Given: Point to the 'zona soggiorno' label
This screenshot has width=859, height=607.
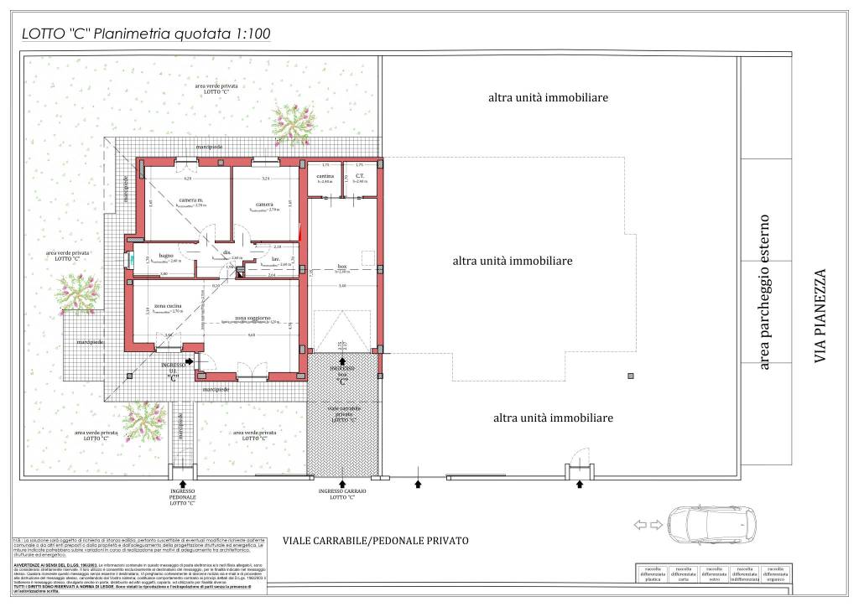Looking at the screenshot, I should [x=252, y=319].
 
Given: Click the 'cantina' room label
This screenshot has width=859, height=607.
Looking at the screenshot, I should [x=325, y=177].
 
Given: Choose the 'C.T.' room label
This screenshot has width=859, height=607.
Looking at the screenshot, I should [x=358, y=177].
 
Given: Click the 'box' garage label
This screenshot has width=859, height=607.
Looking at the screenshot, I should [x=342, y=267].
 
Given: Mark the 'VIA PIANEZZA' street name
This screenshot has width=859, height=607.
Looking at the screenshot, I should [x=820, y=315].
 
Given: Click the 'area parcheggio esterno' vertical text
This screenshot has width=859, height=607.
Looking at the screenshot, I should [x=763, y=292].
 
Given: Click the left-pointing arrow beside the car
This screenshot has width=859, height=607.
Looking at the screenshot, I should [x=640, y=526].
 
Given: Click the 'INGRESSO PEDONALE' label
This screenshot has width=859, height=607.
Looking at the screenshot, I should [x=182, y=496].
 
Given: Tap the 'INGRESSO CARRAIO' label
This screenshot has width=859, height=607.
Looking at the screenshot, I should [x=341, y=494].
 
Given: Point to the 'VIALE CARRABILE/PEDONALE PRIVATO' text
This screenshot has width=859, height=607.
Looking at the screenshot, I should [x=375, y=541].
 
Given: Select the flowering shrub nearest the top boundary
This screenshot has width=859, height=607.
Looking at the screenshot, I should [x=292, y=122].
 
